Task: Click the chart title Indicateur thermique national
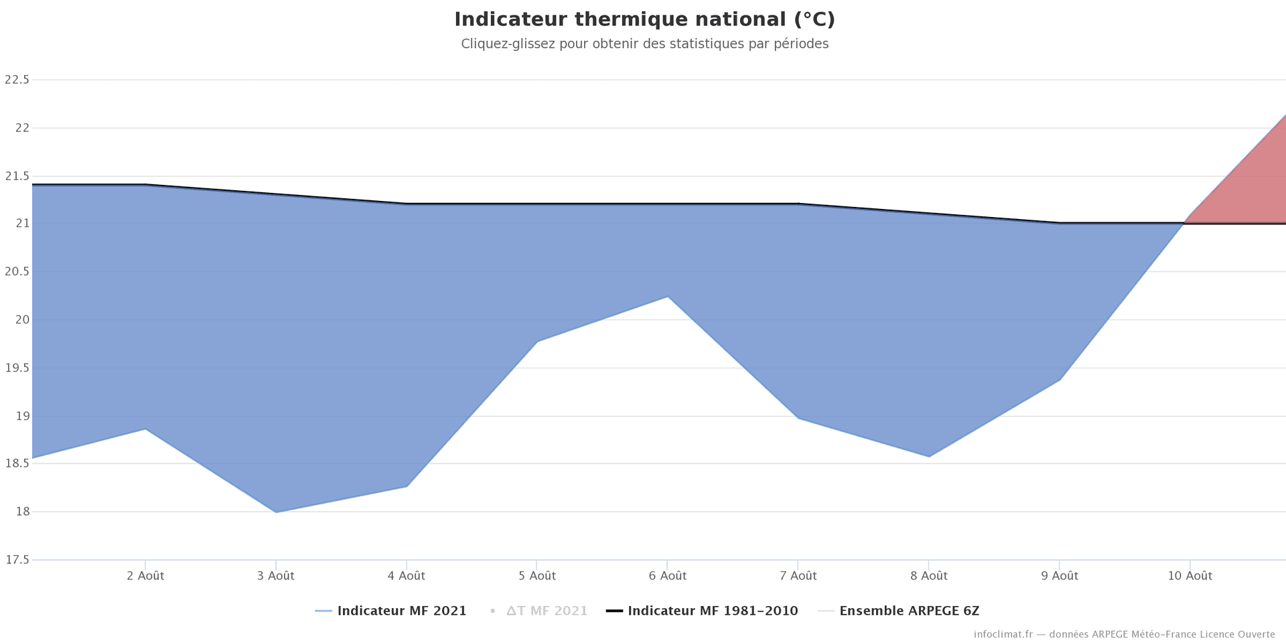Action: pyautogui.click(x=644, y=19)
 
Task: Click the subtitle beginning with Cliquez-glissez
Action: pyautogui.click(x=644, y=44)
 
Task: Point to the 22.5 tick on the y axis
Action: pyautogui.click(x=17, y=80)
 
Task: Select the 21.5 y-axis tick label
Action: pyautogui.click(x=17, y=176)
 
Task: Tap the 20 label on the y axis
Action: pyautogui.click(x=22, y=319)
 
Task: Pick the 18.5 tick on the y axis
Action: pyautogui.click(x=17, y=463)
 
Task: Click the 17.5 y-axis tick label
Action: pyautogui.click(x=17, y=560)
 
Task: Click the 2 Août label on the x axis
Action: pyautogui.click(x=145, y=576)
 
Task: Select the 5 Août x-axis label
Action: pyautogui.click(x=537, y=576)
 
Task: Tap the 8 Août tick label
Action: pyautogui.click(x=929, y=576)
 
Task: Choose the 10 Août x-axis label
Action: pyautogui.click(x=1190, y=576)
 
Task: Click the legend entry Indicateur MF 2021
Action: pyautogui.click(x=401, y=611)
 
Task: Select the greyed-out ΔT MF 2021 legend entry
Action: pyautogui.click(x=547, y=611)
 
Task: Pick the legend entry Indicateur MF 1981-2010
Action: pyautogui.click(x=713, y=611)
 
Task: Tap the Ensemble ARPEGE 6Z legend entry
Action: pyautogui.click(x=909, y=611)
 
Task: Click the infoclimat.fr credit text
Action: pyautogui.click(x=1124, y=634)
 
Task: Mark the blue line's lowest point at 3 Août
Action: pyautogui.click(x=276, y=512)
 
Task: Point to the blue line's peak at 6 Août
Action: pyautogui.click(x=668, y=297)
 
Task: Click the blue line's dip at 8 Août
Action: pyautogui.click(x=929, y=457)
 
